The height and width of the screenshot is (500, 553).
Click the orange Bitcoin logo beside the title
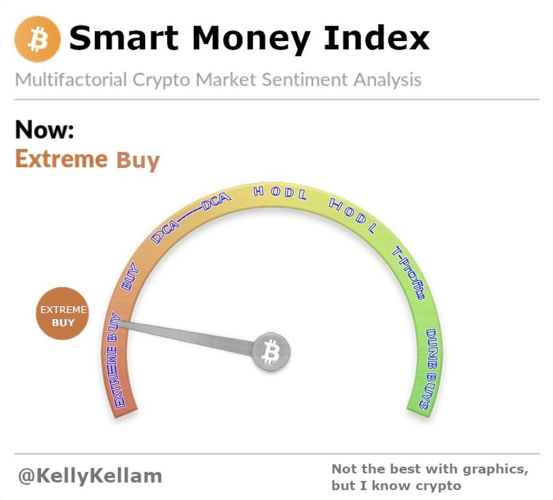pyautogui.click(x=37, y=39)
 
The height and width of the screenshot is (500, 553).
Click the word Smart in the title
pyautogui.click(x=124, y=38)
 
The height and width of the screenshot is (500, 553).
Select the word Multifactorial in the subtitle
pyautogui.click(x=71, y=79)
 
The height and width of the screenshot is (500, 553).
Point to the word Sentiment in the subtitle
pyautogui.click(x=304, y=79)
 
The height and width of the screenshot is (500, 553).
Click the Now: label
pyautogui.click(x=44, y=130)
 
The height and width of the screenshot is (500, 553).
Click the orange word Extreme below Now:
pyautogui.click(x=61, y=159)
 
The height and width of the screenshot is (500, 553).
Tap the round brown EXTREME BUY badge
pyautogui.click(x=62, y=313)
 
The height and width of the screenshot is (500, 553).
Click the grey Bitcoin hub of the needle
pyautogui.click(x=271, y=352)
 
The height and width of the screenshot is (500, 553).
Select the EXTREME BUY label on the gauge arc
pyautogui.click(x=113, y=360)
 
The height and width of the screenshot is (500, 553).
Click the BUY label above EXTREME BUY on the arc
pyautogui.click(x=129, y=276)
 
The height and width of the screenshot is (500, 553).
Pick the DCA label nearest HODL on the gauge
pyautogui.click(x=215, y=201)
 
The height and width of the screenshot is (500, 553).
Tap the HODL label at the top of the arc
pyautogui.click(x=280, y=193)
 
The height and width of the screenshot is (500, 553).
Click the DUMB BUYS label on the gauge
pyautogui.click(x=429, y=369)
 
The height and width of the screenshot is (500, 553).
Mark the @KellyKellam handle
pyautogui.click(x=90, y=476)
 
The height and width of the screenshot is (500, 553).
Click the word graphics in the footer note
pyautogui.click(x=495, y=469)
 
